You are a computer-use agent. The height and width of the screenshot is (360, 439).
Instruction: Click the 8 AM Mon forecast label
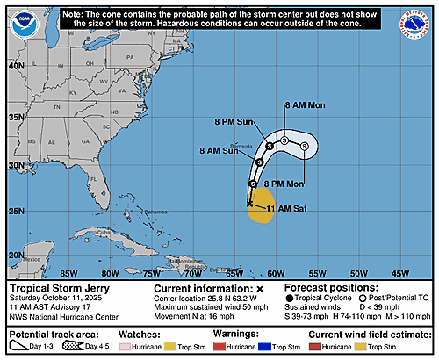(305, 105)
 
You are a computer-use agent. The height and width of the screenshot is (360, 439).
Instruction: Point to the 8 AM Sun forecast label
(219, 151)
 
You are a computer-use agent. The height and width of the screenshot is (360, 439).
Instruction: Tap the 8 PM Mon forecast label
(282, 183)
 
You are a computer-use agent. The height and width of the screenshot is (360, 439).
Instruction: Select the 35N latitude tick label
(15, 117)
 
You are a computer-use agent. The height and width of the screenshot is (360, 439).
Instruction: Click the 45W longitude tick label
(399, 272)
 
